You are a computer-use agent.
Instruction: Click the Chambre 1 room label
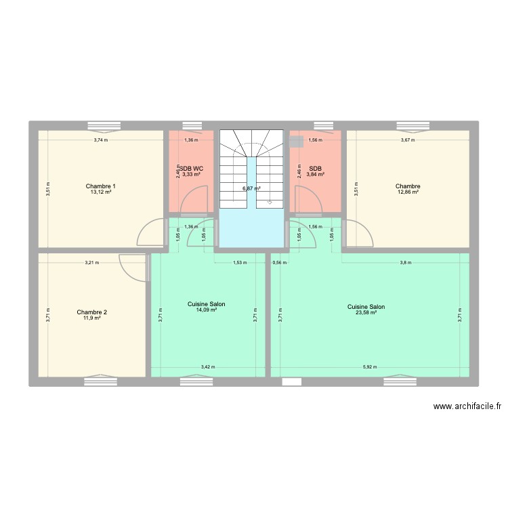pyautogui.click(x=101, y=186)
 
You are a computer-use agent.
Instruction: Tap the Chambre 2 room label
pyautogui.click(x=91, y=312)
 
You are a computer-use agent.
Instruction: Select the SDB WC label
pyautogui.click(x=191, y=169)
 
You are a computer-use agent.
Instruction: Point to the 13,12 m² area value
pyautogui.click(x=101, y=192)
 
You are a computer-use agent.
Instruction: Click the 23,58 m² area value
pyautogui.click(x=366, y=312)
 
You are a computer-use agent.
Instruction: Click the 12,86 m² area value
pyautogui.click(x=408, y=192)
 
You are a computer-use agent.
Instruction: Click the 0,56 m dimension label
pyautogui.click(x=279, y=262)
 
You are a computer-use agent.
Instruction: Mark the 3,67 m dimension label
pyautogui.click(x=407, y=140)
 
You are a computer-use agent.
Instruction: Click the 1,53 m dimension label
pyautogui.click(x=240, y=262)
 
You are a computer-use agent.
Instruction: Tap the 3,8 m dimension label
pyautogui.click(x=405, y=262)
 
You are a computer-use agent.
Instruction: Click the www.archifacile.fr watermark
pyautogui.click(x=466, y=407)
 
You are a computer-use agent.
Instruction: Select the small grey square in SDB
pyautogui.click(x=295, y=142)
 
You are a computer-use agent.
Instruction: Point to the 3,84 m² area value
pyautogui.click(x=315, y=175)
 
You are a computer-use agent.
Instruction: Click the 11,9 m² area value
pyautogui.click(x=91, y=318)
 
